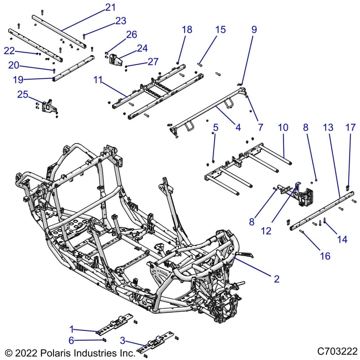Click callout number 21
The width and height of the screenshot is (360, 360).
coord(110,7)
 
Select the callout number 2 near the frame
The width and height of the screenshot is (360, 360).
coord(277,279)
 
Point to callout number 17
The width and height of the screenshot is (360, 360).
coord(350,128)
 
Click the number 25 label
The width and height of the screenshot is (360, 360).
coord(23,94)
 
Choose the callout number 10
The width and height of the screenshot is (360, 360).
coord(283,128)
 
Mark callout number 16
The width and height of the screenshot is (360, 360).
coord(325,256)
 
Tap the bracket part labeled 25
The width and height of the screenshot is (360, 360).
coord(47,106)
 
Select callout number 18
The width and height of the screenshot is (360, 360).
coord(187,30)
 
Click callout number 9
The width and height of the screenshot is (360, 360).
coord(254,30)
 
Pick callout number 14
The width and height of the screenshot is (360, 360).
coord(342,239)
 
